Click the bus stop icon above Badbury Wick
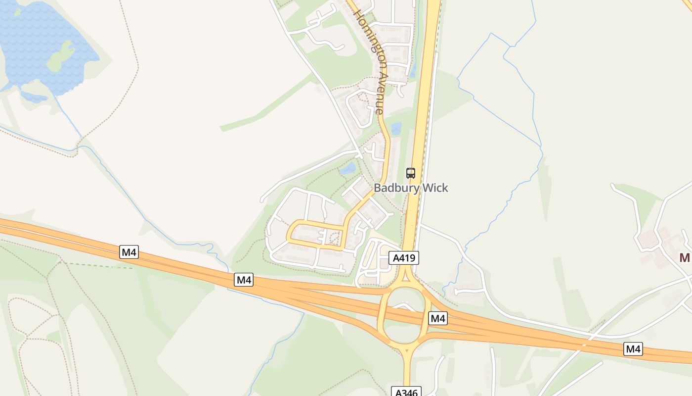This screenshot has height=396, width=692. pos(411,173)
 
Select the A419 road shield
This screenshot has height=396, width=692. pos(404,257)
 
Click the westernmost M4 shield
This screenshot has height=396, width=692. pos(129,252)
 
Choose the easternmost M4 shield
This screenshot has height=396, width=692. pos(633,349)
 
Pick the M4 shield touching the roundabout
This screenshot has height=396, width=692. pos(438,318)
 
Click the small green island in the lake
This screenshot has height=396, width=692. pos(60,56)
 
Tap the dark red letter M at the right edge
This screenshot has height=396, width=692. pos(685,258)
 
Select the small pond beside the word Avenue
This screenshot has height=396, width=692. pos(396,129)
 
